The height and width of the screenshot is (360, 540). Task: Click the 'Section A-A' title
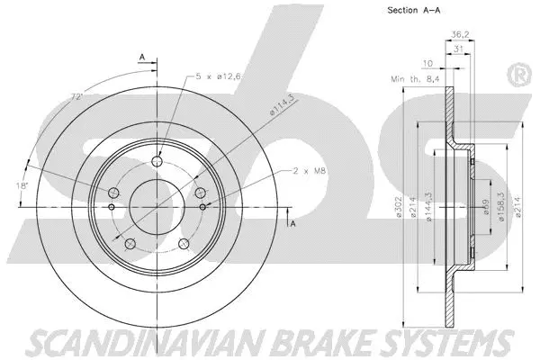pos(414,11)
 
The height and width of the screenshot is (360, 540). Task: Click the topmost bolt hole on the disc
pos(157,162)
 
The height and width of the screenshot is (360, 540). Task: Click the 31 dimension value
pos(459,49)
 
